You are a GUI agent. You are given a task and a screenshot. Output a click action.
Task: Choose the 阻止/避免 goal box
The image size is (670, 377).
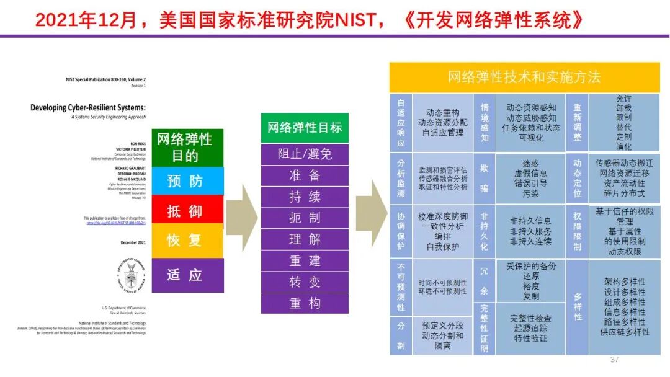(304, 153)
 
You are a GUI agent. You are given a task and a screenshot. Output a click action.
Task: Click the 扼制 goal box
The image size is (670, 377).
(304, 218)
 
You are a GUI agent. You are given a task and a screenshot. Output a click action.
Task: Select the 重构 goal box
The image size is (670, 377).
(304, 303)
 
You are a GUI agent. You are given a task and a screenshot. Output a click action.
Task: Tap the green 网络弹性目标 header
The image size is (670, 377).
(304, 128)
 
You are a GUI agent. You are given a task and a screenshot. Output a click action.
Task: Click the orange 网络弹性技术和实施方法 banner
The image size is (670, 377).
(524, 77)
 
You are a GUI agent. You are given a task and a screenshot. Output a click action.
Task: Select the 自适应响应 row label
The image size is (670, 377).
(401, 123)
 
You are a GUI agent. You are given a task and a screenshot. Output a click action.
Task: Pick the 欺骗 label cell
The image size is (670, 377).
(485, 178)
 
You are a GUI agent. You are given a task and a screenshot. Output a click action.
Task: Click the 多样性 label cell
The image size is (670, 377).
(578, 307)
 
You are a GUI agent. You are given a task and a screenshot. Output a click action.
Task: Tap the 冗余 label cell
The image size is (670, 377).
(485, 280)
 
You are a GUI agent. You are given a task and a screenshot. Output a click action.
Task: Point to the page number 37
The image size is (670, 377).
(615, 360)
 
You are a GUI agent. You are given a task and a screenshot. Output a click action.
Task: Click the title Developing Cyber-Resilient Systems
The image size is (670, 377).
(87, 107)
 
